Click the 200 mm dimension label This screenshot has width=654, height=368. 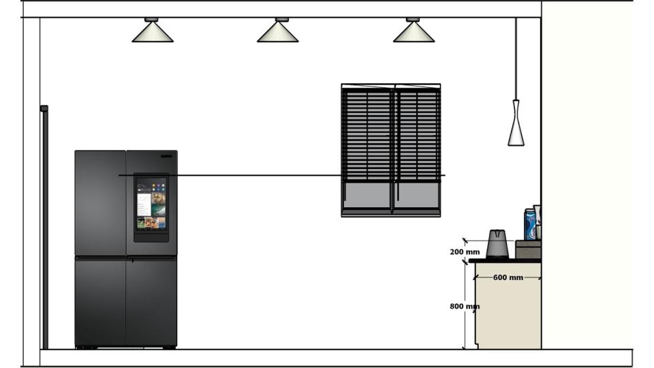point(465,252)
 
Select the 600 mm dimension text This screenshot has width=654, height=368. point(508,277)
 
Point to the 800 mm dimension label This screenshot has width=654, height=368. point(465,307)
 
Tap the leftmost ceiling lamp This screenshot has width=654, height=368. point(153,31)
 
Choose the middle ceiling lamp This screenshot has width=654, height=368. point(277,31)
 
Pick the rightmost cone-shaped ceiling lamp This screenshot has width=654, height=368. point(414,31)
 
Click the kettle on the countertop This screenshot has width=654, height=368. point(497,244)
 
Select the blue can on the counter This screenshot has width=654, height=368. point(529,225)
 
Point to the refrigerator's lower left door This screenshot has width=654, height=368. point(100,301)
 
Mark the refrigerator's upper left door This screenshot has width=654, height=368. point(100,203)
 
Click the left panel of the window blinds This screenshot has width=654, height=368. point(367,136)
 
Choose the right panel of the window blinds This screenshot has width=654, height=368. point(418,136)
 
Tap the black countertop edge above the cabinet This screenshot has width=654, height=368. point(505,260)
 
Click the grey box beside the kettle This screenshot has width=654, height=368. point(528,249)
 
